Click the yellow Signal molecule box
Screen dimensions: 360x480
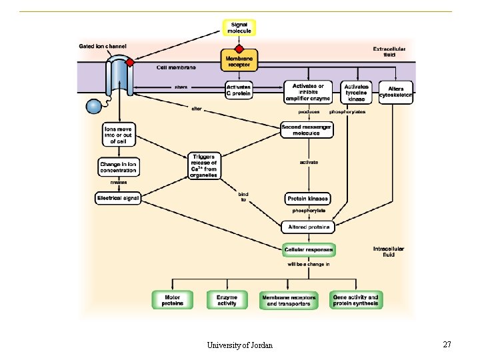[239, 28]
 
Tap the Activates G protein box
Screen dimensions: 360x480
[239, 90]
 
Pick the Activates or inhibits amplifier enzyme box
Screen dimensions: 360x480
[308, 93]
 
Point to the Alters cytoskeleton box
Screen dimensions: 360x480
[395, 93]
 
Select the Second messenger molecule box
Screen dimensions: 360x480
[307, 130]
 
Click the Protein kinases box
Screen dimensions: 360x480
[307, 199]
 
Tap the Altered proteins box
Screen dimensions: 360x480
[308, 227]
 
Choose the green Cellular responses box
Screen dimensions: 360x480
[309, 250]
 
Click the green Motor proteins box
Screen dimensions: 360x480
[172, 300]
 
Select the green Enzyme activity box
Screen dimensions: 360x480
[227, 300]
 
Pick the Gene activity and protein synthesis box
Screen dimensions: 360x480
[355, 300]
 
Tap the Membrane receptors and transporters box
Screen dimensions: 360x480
[289, 300]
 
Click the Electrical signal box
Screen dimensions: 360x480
[118, 198]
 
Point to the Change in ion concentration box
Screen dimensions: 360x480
[118, 167]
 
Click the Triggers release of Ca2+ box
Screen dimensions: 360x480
[204, 165]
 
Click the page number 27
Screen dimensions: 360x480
[447, 344]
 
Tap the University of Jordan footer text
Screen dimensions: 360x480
[239, 345]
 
